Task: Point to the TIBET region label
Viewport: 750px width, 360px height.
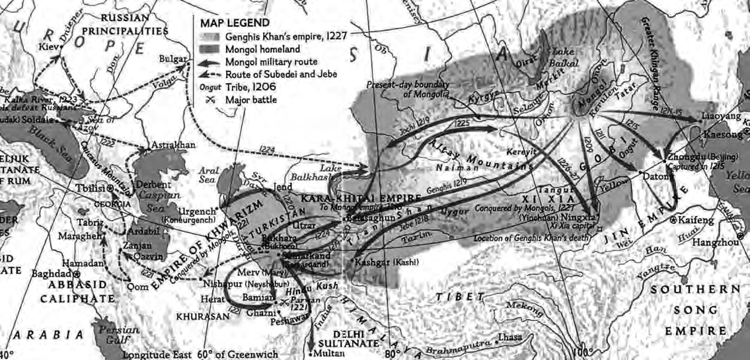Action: (455, 295)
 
